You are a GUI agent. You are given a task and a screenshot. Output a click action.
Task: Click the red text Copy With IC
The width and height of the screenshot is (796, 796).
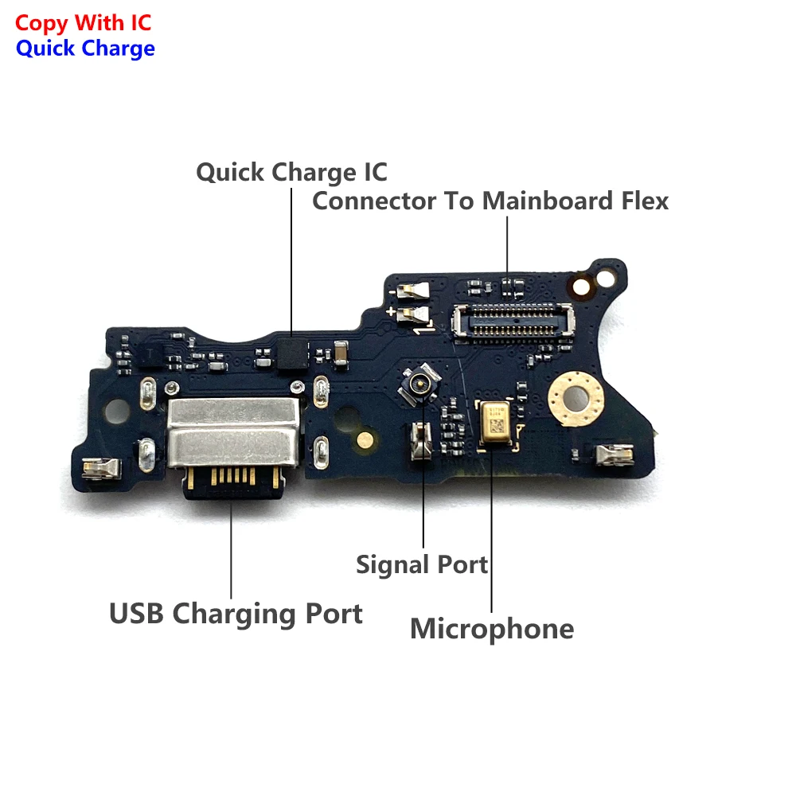(x=84, y=23)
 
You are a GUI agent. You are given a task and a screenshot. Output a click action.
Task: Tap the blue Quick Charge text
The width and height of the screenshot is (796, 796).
(x=85, y=49)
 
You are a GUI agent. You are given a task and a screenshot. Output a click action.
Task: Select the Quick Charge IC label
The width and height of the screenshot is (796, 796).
(x=291, y=172)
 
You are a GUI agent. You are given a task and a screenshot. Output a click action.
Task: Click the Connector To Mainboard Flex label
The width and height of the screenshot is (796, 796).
(x=490, y=201)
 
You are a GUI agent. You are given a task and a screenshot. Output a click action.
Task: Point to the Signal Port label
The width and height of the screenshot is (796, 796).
(x=422, y=564)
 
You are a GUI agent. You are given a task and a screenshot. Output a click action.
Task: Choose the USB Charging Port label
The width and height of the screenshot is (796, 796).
(x=236, y=614)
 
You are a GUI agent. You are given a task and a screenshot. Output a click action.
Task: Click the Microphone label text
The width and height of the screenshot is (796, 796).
(x=492, y=629)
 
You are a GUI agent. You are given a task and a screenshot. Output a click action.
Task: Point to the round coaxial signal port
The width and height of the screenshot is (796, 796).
(x=415, y=383)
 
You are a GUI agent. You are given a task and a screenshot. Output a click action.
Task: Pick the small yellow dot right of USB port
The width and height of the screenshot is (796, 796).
(x=365, y=438)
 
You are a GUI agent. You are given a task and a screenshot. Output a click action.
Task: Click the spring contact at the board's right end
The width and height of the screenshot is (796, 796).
(x=613, y=455)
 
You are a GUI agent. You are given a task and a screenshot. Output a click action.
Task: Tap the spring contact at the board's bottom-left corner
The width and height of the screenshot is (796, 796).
(x=102, y=470)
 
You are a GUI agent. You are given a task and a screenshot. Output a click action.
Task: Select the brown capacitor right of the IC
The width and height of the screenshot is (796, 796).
(x=340, y=351)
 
